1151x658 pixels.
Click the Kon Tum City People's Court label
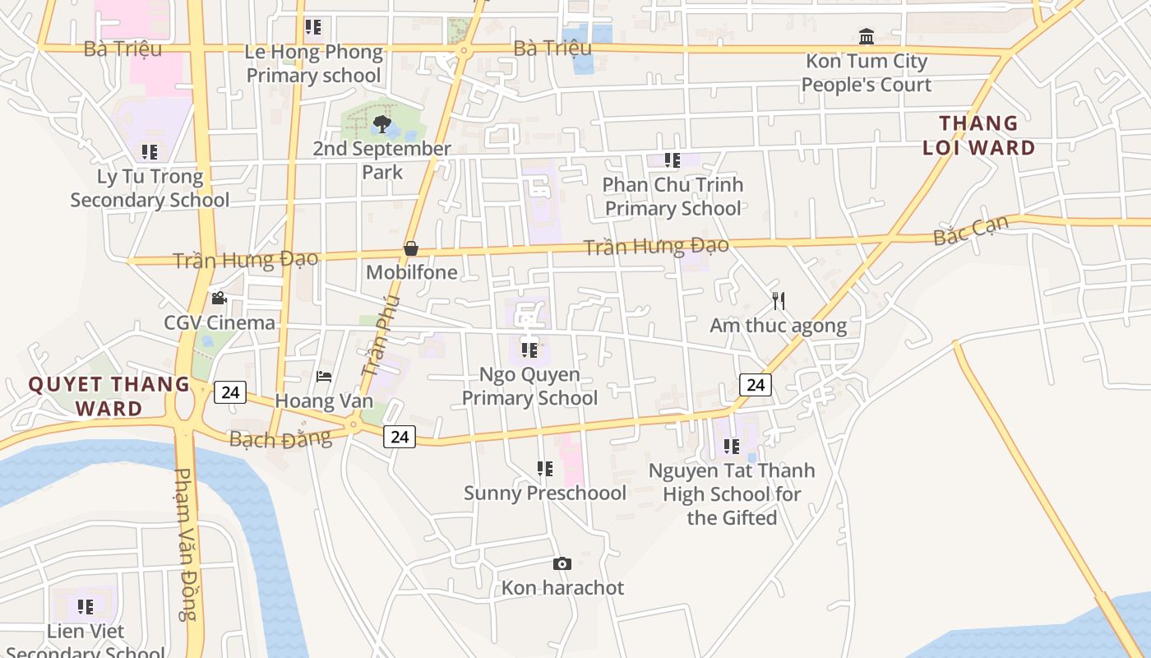(x=866, y=72)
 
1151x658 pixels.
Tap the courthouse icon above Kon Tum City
(x=866, y=36)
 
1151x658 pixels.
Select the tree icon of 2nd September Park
(x=381, y=124)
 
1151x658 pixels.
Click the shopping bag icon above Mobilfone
(x=411, y=248)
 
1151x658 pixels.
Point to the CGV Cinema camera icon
(x=219, y=298)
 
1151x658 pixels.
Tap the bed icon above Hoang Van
(x=324, y=377)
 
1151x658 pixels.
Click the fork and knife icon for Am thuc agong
(x=779, y=301)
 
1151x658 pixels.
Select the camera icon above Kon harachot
(x=562, y=563)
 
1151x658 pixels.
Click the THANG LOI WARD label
(x=978, y=136)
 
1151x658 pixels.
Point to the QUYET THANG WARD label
(x=109, y=396)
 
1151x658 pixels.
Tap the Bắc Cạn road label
(x=971, y=229)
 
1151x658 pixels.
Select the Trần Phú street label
(x=380, y=336)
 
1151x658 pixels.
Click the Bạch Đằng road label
(x=280, y=438)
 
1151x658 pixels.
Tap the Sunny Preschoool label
(x=545, y=493)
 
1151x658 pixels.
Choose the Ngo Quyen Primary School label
(x=529, y=386)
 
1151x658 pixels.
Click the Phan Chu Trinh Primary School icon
(x=673, y=160)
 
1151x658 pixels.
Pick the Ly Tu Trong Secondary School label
(x=150, y=188)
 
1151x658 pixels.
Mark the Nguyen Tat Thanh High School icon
(x=731, y=447)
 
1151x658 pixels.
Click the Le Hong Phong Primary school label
(x=314, y=63)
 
